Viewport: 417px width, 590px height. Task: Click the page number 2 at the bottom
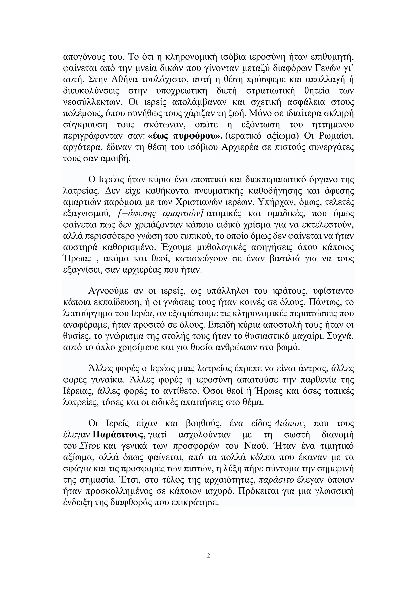(208, 556)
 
